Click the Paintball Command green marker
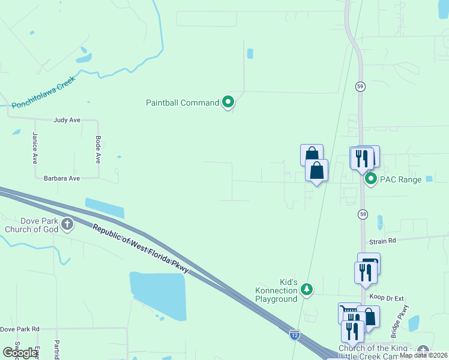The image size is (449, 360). tap(228, 103)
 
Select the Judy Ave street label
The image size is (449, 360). tap(67, 120)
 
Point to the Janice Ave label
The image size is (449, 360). tap(35, 148)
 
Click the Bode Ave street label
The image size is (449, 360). tap(98, 149)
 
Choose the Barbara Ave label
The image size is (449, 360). tap(62, 178)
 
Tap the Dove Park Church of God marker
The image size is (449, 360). tap(67, 225)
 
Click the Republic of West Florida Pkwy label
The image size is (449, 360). tap(141, 248)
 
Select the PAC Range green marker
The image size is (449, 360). tap(371, 179)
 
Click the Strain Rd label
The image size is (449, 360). tap(383, 241)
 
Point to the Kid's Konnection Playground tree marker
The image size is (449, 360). tap(307, 290)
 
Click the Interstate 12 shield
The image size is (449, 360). tap(294, 334)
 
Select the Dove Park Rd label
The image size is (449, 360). tap(20, 329)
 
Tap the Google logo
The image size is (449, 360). tap(19, 353)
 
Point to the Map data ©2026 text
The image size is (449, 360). tap(424, 356)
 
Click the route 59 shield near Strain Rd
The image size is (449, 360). tap(363, 214)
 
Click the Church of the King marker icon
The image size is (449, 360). tap(423, 350)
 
